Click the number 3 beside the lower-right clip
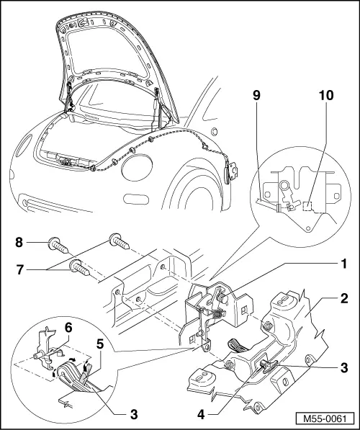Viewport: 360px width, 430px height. point(345,367)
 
